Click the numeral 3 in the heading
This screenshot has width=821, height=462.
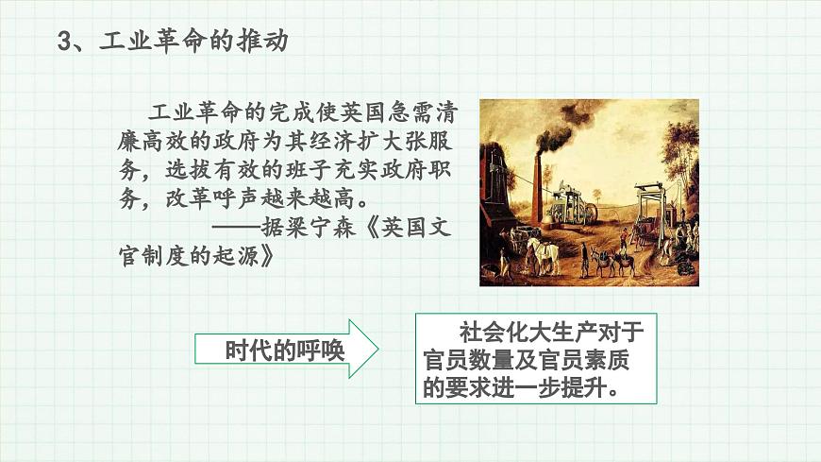65,41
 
